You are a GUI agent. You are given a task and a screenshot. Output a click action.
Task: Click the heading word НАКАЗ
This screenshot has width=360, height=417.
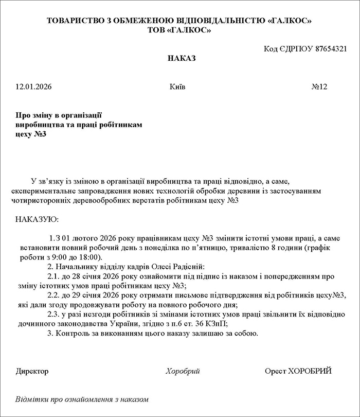click(x=182, y=59)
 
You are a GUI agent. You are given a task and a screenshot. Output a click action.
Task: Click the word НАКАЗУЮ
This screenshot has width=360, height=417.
click(x=37, y=220)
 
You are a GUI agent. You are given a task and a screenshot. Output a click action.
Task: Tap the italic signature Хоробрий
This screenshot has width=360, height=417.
click(x=183, y=371)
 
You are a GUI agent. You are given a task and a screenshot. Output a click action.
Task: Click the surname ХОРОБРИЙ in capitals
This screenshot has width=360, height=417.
click(x=310, y=371)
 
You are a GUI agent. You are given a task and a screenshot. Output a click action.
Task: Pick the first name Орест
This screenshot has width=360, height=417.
click(x=275, y=371)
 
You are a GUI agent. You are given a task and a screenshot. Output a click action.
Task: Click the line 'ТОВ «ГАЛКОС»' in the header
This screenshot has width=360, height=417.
click(x=179, y=30)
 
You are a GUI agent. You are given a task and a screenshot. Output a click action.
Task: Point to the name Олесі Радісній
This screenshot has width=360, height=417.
click(x=181, y=267)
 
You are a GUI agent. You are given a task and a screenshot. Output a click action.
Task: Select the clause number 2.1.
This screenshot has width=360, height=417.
click(x=53, y=276)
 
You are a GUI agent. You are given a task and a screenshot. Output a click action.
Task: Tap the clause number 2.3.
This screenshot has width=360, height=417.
click(x=53, y=314)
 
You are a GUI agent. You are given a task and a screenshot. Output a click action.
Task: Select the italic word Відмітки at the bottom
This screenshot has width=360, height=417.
click(x=32, y=399)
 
